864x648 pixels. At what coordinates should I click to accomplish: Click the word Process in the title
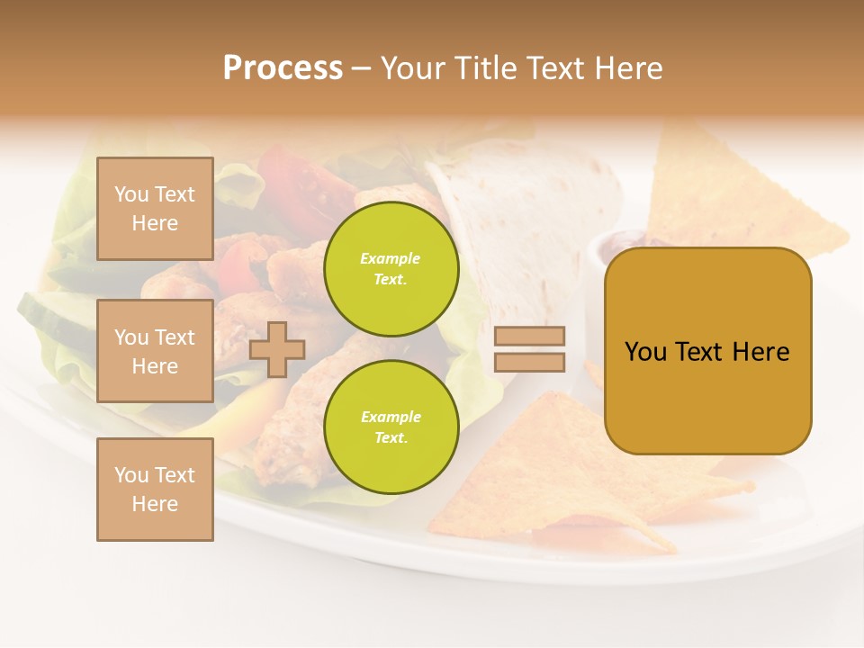click(x=283, y=68)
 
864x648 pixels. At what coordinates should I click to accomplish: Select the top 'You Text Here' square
click(x=155, y=209)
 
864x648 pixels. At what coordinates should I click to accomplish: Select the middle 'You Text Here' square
click(x=155, y=351)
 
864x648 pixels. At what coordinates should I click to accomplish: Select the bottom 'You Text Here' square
click(x=155, y=490)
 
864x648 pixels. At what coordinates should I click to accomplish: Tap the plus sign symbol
click(x=277, y=349)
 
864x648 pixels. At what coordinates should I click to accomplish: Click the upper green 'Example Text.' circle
click(x=391, y=268)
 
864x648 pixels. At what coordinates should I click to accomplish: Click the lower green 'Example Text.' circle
click(x=391, y=427)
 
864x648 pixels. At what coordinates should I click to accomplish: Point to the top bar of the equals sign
click(x=530, y=337)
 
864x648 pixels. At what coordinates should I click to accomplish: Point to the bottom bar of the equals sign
click(x=530, y=362)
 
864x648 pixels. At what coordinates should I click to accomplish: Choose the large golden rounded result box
click(x=707, y=351)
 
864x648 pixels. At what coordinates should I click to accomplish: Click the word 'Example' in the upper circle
click(x=391, y=258)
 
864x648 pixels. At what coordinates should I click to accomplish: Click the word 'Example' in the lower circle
click(x=391, y=417)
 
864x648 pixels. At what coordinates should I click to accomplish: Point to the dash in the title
click(x=362, y=68)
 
